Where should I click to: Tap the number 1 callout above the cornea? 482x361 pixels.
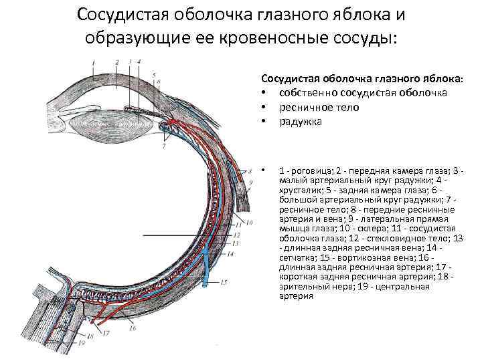point(93,61)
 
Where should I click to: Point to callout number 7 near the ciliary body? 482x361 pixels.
point(165,146)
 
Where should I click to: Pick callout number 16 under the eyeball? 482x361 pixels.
point(133,328)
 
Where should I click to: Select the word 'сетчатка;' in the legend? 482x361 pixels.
point(300,257)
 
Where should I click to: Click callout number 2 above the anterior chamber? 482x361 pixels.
point(117,62)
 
